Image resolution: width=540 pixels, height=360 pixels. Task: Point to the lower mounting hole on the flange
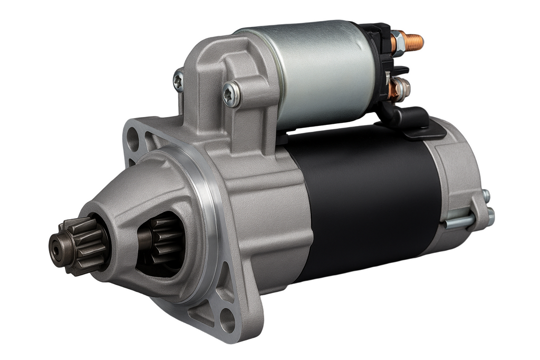228,319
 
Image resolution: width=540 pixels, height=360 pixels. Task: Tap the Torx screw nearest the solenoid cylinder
232,95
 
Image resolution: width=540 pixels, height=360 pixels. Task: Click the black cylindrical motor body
364,200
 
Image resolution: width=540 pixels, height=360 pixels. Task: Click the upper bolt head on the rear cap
486,196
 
